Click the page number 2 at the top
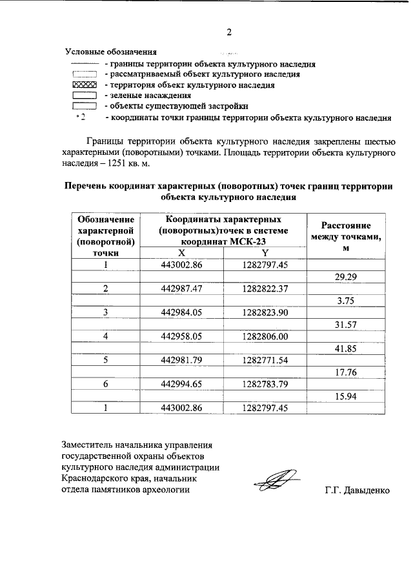pos(228,32)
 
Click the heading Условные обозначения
pos(112,52)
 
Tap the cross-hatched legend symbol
pos(84,85)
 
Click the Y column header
pos(265,253)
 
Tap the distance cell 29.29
pos(346,277)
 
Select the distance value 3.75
pos(346,301)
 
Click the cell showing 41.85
pos(346,348)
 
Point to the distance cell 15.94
pos(346,396)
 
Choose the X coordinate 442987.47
pos(182,288)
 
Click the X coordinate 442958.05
pos(182,336)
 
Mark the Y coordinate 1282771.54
pos(265,360)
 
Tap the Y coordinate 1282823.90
pos(265,312)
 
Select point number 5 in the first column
pos(105,360)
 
